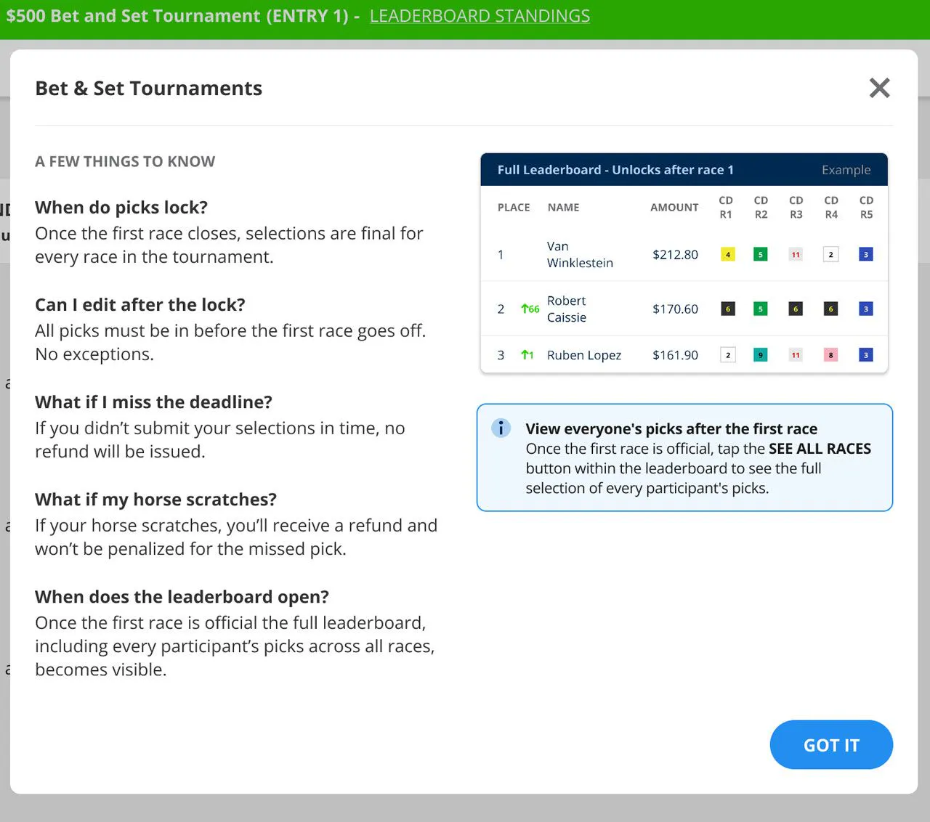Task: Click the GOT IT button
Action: point(831,744)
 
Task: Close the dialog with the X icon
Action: point(880,88)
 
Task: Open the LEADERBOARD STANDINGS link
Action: point(480,16)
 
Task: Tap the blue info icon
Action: point(501,428)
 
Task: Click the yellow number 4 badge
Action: point(727,254)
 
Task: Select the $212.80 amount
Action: point(675,255)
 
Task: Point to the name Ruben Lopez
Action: point(584,355)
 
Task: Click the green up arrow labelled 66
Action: point(530,309)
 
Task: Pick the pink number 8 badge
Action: point(830,354)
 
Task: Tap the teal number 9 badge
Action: point(760,354)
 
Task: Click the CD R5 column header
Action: point(866,208)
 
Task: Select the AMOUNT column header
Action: point(674,208)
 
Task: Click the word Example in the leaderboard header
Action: point(846,170)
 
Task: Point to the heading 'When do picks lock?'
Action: point(121,208)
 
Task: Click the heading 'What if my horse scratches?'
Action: point(155,499)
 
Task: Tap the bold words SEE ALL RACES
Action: point(820,448)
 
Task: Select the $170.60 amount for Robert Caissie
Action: point(675,309)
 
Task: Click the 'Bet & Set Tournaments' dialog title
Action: point(148,88)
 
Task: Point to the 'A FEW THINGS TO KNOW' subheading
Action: point(125,161)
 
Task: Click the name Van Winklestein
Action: point(580,255)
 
